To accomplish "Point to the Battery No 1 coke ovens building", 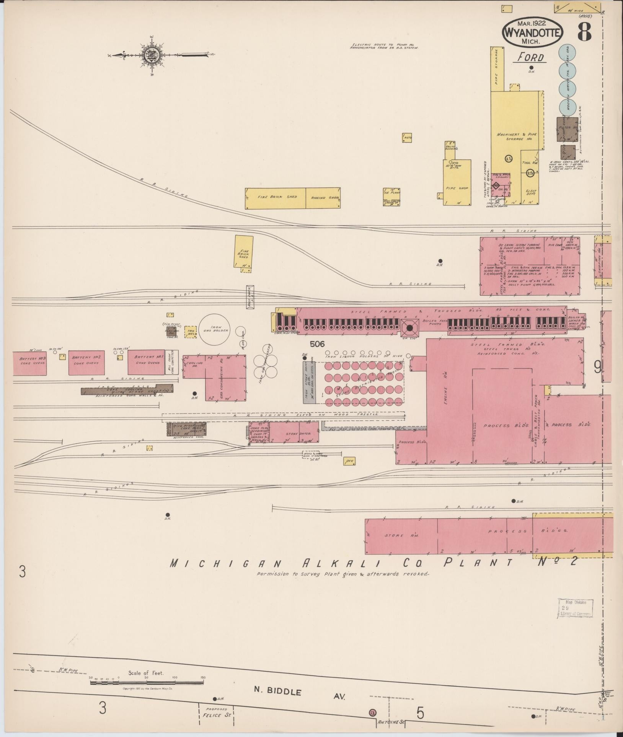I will pyautogui.click(x=146, y=362).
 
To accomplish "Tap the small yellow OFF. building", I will pyautogui.click(x=349, y=462).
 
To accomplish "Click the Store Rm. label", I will pyautogui.click(x=394, y=535).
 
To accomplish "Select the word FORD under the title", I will pyautogui.click(x=531, y=58).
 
